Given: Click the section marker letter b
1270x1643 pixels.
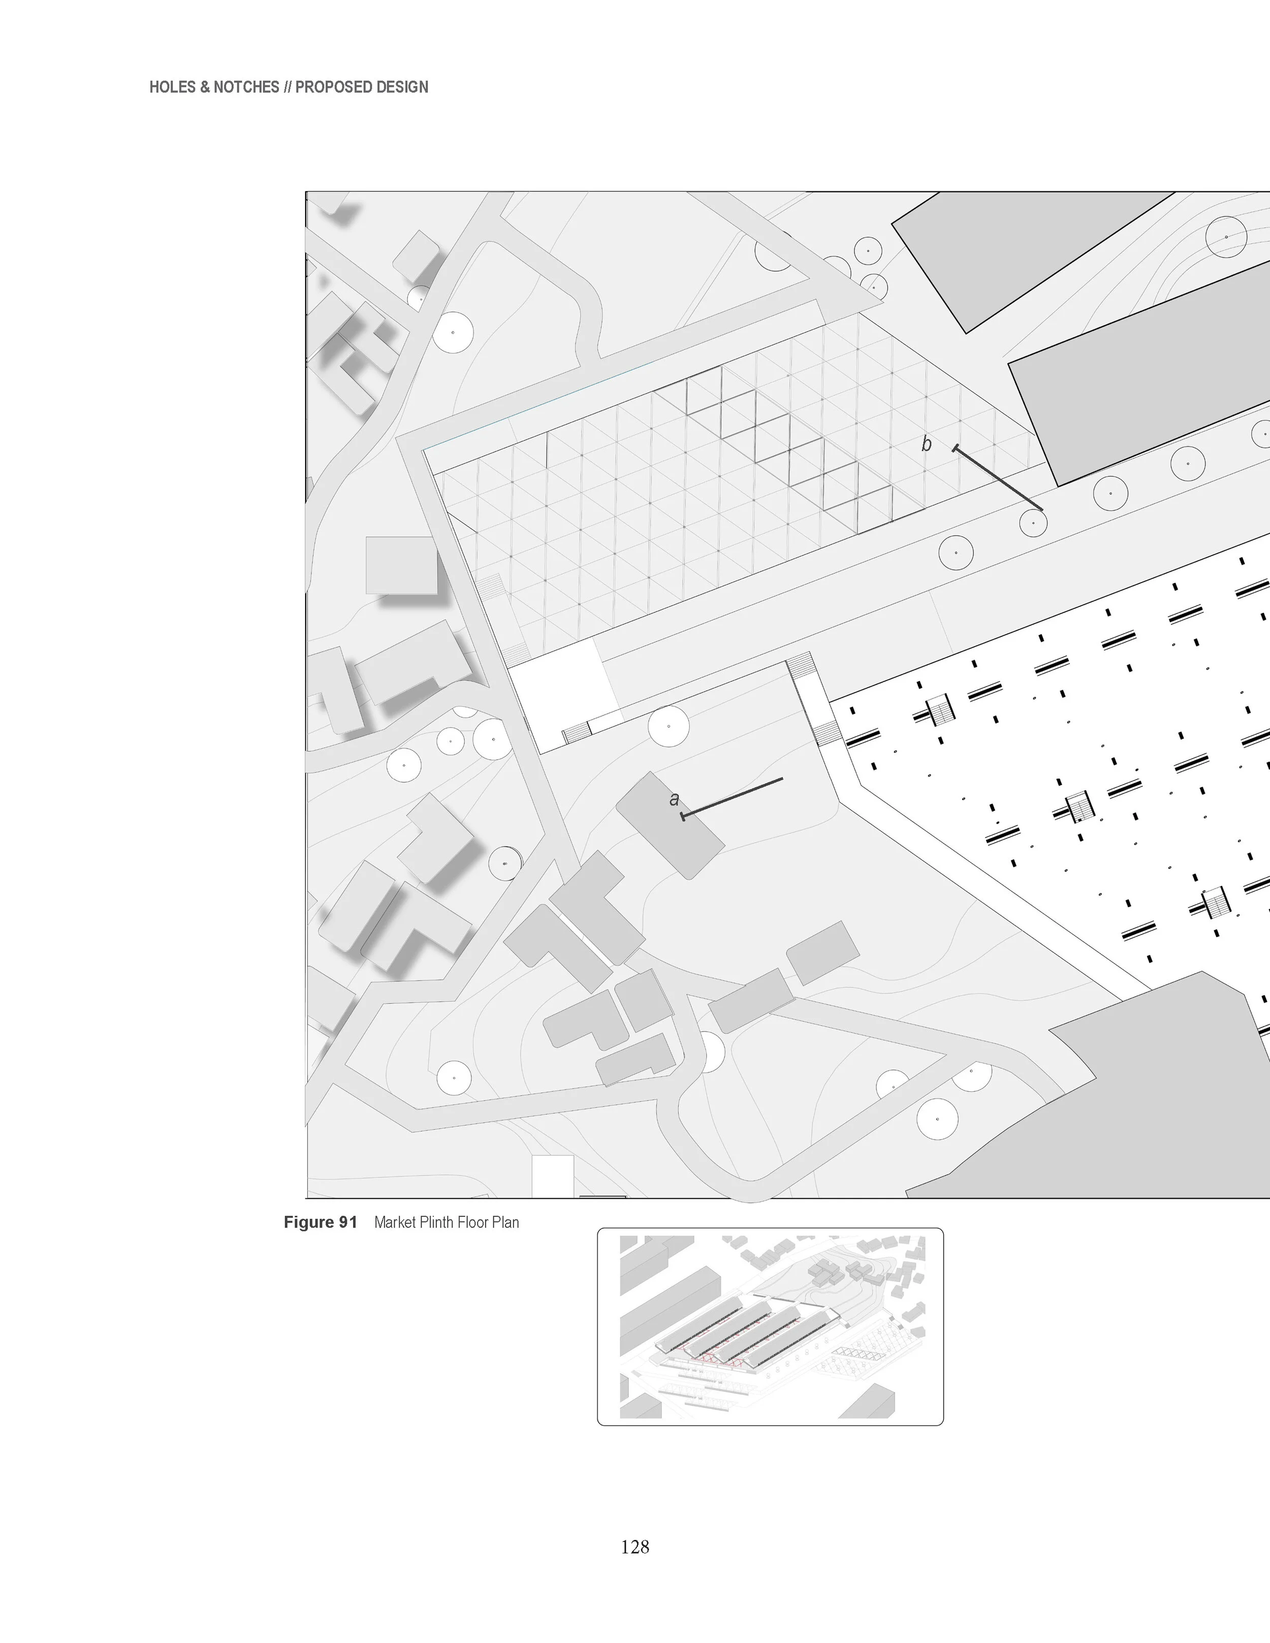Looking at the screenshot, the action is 926,444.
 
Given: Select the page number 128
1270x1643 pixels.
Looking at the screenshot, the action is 635,1547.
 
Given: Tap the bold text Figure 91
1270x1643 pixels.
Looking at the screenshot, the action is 320,1222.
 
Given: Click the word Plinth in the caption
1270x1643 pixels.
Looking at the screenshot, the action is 436,1222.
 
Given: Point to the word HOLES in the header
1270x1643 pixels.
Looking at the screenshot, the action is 171,87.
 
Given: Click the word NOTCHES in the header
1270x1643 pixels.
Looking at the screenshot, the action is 246,87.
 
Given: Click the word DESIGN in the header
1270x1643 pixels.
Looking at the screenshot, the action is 401,87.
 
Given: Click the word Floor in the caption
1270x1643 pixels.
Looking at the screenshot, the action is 474,1222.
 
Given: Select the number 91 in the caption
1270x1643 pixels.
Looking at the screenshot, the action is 347,1222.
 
